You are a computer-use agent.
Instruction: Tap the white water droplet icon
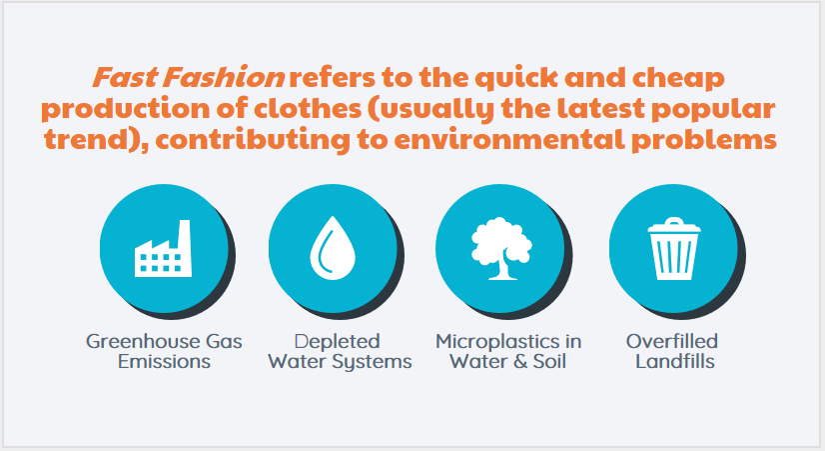(333, 247)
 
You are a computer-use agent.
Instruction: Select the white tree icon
(501, 248)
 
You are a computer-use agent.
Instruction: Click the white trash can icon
(674, 249)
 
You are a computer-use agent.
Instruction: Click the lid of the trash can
(674, 225)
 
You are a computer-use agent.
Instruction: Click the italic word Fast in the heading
(126, 77)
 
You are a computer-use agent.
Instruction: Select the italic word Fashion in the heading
(224, 77)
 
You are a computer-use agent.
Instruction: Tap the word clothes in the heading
(308, 109)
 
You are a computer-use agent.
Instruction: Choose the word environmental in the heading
(509, 140)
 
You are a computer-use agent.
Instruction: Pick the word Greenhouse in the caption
(142, 341)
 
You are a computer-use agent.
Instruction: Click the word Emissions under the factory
(164, 361)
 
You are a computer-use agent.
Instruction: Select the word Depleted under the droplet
(338, 342)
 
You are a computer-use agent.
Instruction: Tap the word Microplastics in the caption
(497, 342)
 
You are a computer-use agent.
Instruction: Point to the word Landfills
(675, 361)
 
